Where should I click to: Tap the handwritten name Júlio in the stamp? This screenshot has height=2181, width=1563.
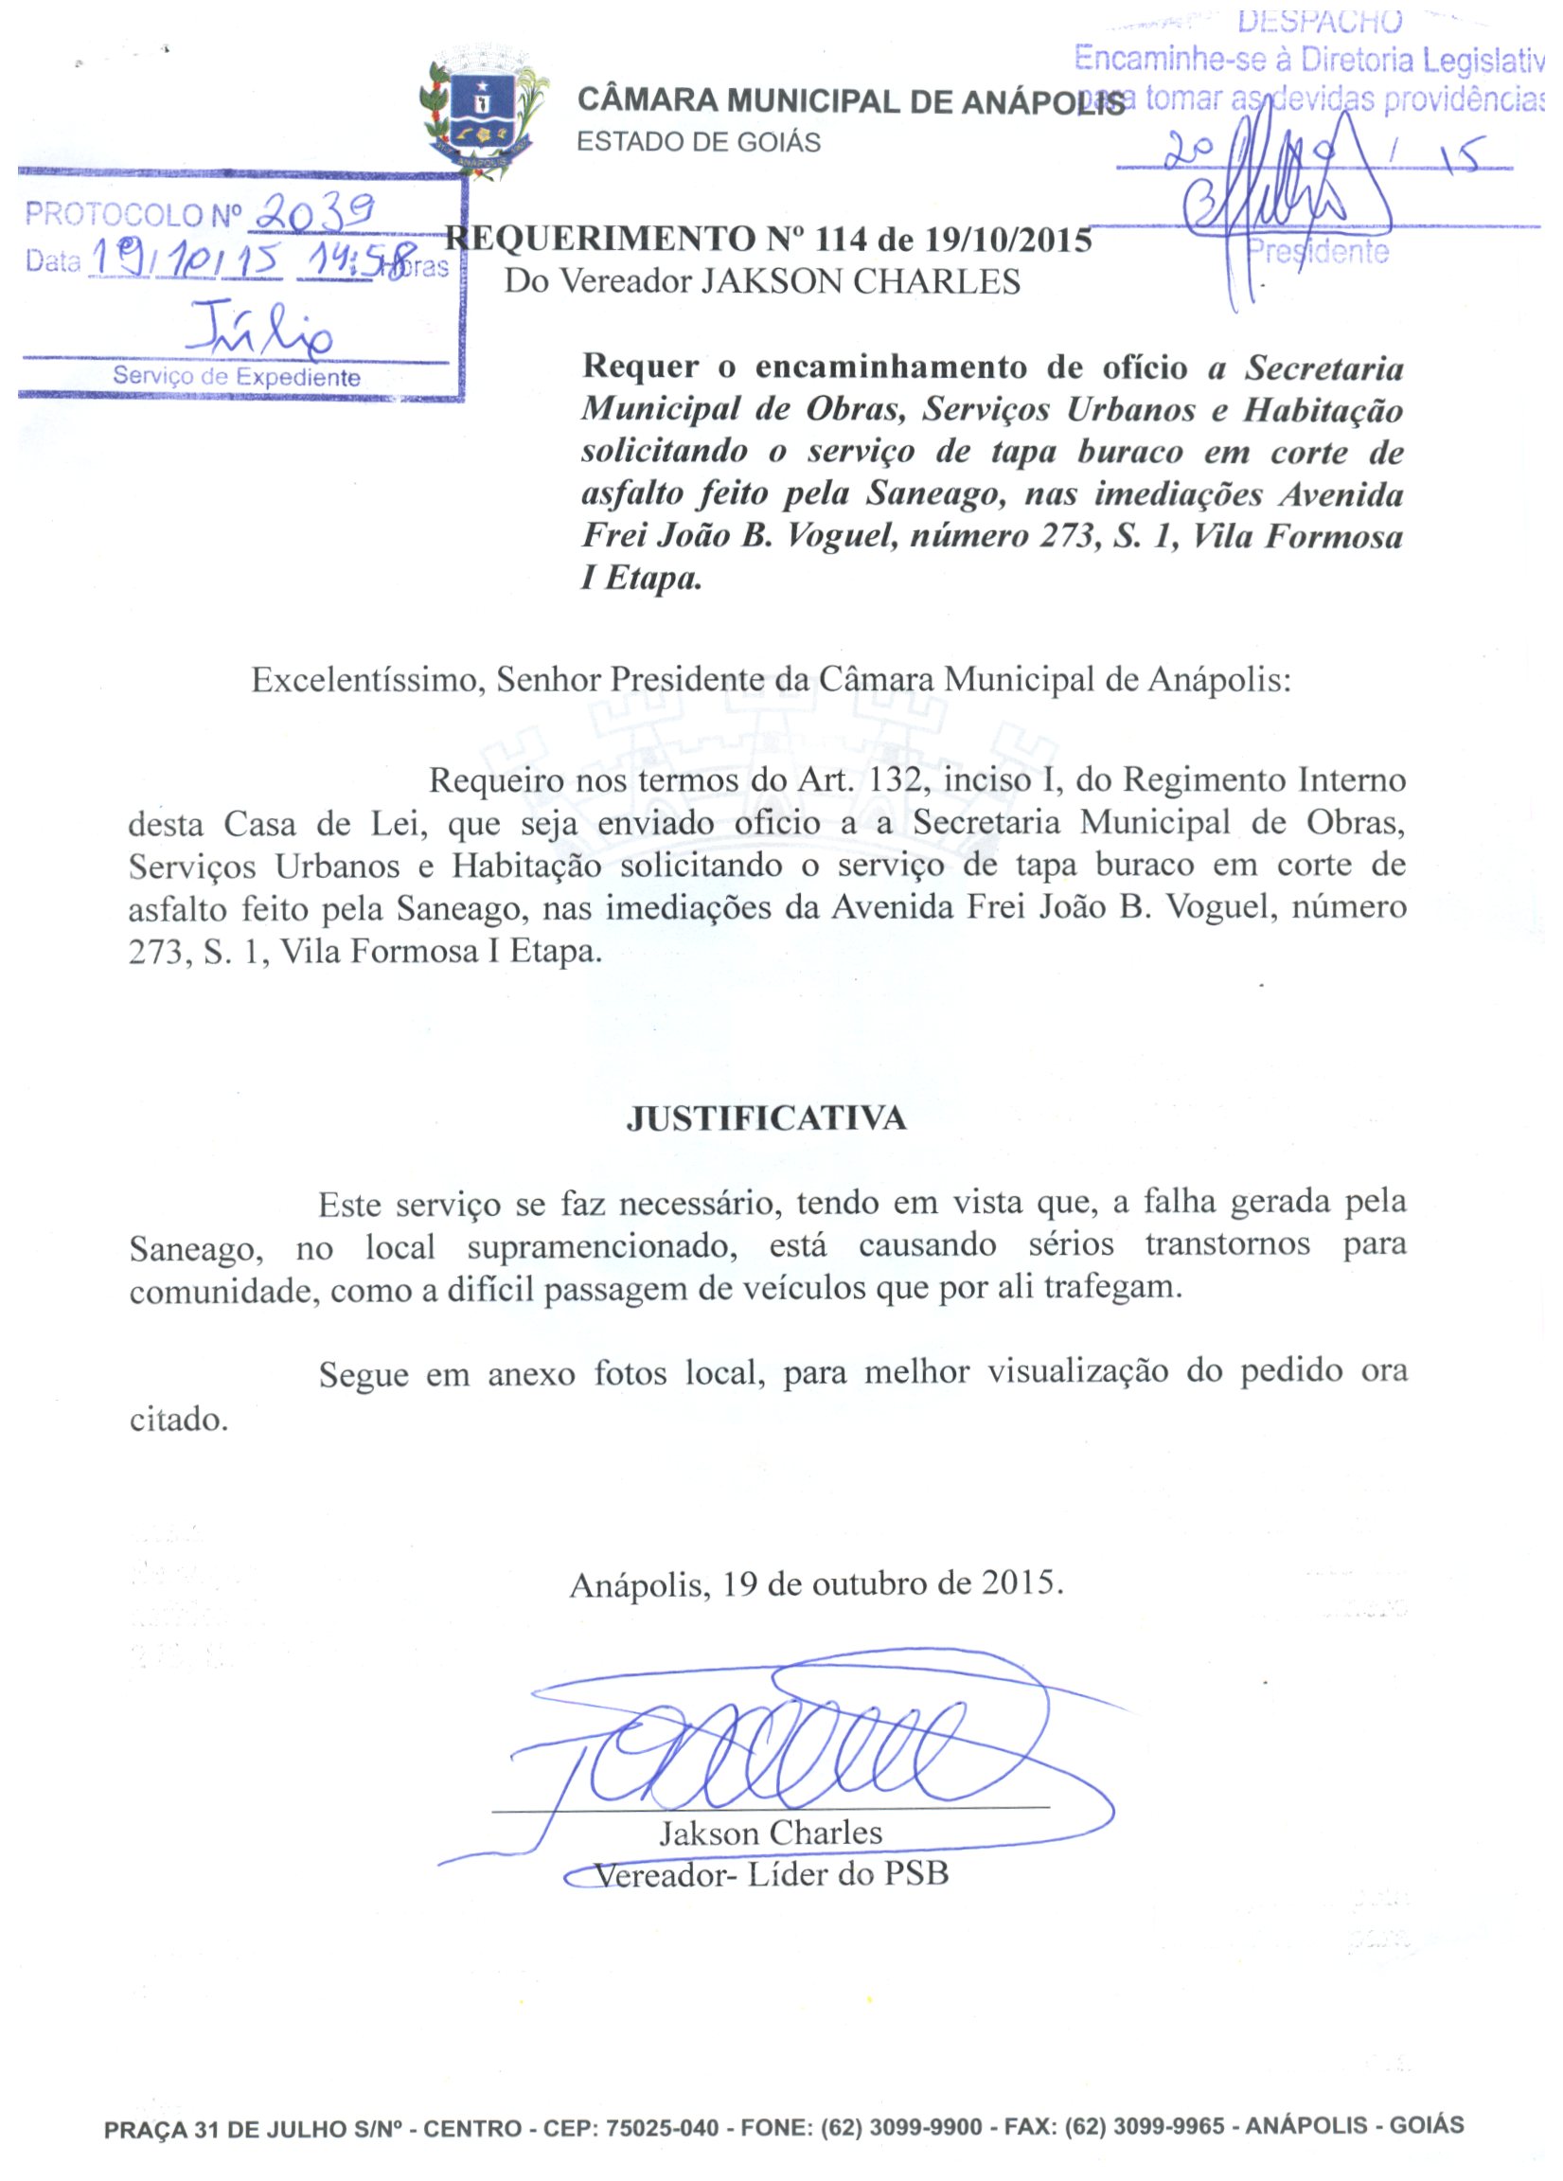click(261, 328)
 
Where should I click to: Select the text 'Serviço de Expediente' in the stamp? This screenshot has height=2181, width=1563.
click(237, 377)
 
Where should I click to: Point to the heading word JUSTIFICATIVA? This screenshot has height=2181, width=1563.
click(766, 1118)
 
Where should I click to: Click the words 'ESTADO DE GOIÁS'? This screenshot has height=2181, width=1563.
click(698, 142)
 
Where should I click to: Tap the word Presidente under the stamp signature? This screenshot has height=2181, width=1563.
click(1318, 252)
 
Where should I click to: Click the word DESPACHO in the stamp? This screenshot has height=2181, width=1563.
click(1320, 20)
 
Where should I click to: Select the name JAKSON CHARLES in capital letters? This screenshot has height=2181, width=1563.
click(861, 282)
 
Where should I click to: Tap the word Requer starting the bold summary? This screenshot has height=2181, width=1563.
click(640, 366)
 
